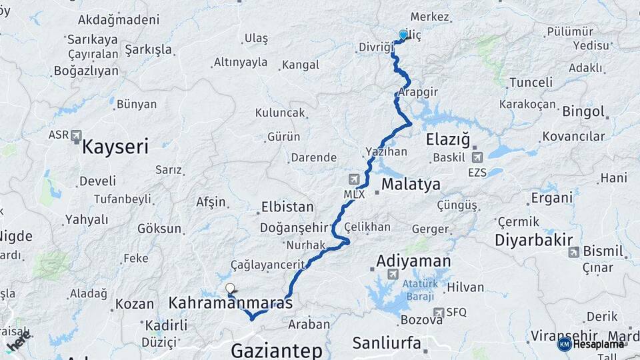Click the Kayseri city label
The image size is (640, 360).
pyautogui.click(x=115, y=147)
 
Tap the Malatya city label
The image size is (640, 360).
pyautogui.click(x=411, y=184)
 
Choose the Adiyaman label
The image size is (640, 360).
pyautogui.click(x=413, y=261)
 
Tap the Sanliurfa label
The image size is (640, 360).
pyautogui.click(x=387, y=343)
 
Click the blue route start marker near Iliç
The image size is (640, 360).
pyautogui.click(x=403, y=35)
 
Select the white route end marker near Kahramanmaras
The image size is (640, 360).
pyautogui.click(x=230, y=289)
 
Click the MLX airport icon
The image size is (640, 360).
pyautogui.click(x=353, y=179)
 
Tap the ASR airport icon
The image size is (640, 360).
pyautogui.click(x=75, y=135)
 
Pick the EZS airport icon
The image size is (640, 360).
pyautogui.click(x=477, y=158)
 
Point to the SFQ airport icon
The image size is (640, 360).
pyautogui.click(x=438, y=312)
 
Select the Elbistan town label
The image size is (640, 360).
pyautogui.click(x=287, y=207)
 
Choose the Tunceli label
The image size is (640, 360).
pyautogui.click(x=531, y=82)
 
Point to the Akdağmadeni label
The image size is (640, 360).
pyautogui.click(x=119, y=20)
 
